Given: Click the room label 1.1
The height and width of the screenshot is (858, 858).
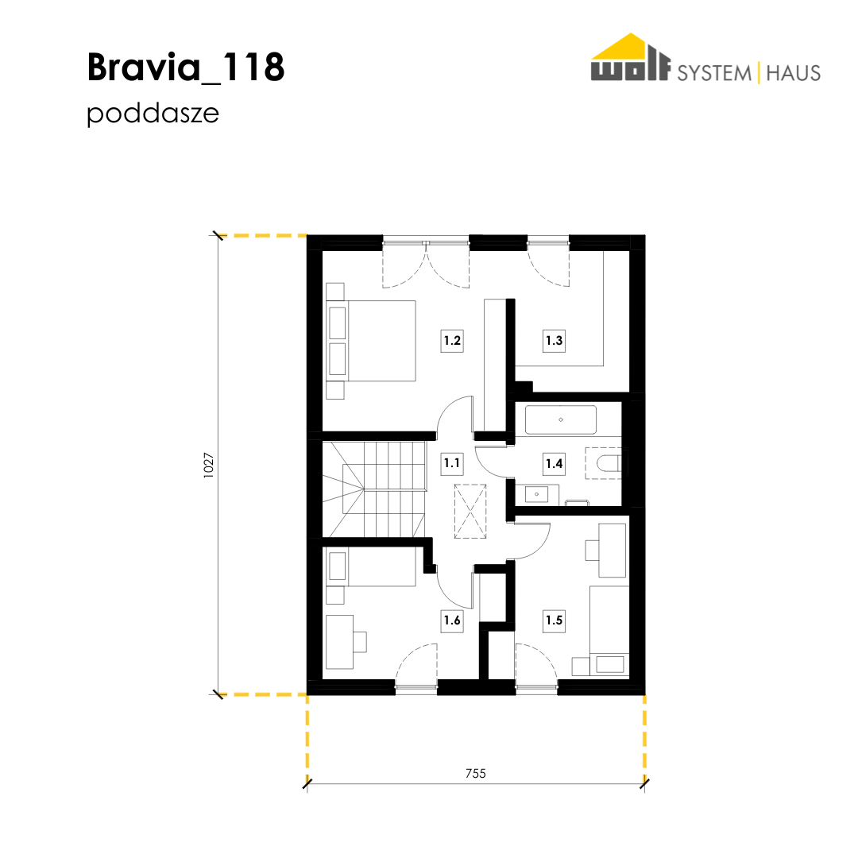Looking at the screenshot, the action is pos(452,463).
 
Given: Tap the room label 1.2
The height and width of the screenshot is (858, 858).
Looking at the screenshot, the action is pos(452,340).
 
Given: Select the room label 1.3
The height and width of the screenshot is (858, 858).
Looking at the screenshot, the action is pos(554,340).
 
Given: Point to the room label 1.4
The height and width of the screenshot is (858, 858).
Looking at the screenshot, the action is pos(554,463).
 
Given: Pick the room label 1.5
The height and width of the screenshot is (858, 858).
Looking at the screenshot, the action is pos(554,620).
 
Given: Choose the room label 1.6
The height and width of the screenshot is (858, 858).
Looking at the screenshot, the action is pos(452,620).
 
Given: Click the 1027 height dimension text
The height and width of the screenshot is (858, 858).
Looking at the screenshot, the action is pos(208,465).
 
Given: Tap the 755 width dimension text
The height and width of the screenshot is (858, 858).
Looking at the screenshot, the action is pos(476,773).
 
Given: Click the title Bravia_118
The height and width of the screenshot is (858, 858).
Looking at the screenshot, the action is pos(185,68).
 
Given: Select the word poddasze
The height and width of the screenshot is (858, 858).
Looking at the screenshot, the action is pos(153,114).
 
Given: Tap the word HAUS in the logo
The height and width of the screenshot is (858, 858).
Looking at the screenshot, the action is pos(793,73).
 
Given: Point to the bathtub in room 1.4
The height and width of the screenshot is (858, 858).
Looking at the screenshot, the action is pos(561,419).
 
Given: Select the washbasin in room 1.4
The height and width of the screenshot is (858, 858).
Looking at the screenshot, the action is pos(537,495).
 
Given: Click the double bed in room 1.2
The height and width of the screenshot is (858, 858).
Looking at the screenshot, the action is pos(371,340).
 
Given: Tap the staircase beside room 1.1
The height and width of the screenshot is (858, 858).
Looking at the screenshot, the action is pos(374,489).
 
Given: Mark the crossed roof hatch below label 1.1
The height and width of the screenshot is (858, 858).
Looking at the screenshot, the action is pos(470,511).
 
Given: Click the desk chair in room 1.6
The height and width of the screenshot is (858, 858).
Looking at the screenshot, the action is pos(360,642).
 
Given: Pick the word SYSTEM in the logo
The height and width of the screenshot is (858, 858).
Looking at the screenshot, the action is pos(714,73).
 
